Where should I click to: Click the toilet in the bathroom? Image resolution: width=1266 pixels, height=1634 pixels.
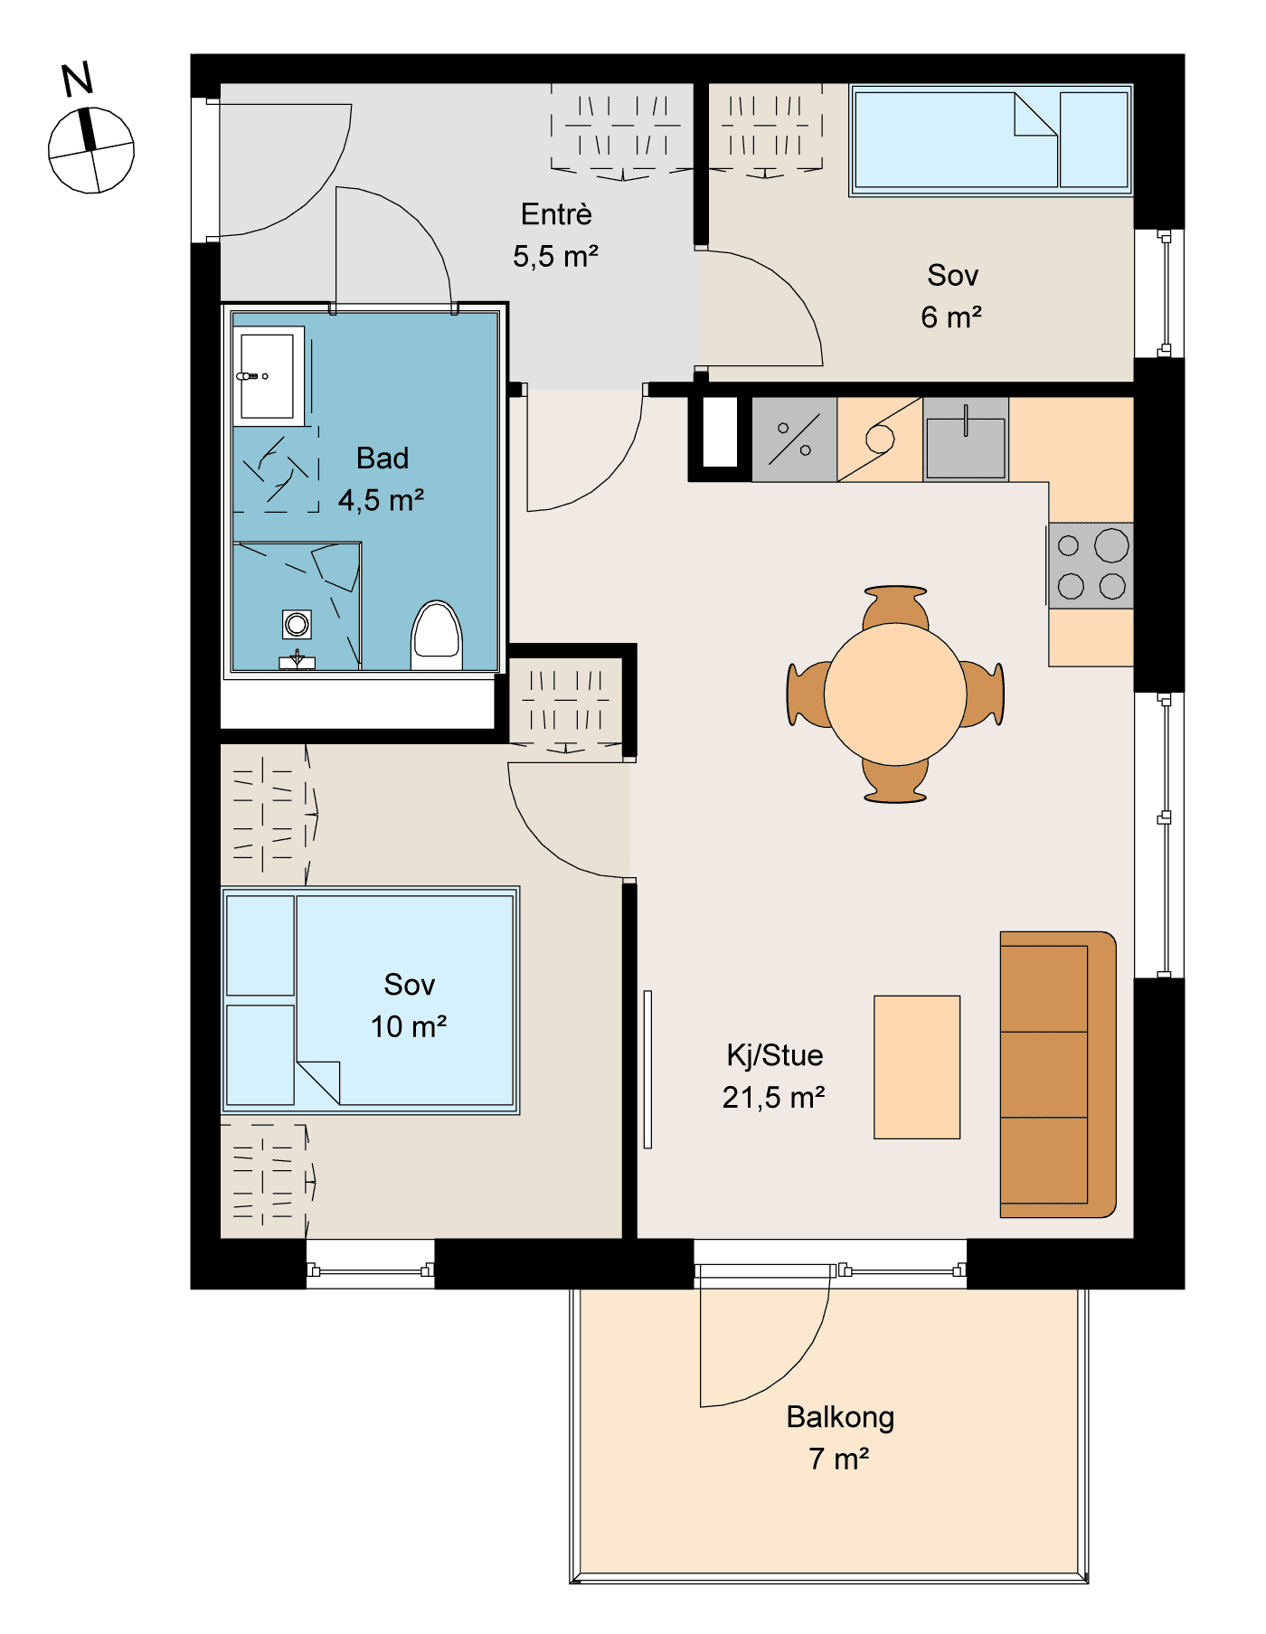437,636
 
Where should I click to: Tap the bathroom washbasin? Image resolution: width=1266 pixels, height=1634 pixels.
269,376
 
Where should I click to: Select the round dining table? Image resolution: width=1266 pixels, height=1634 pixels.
895,694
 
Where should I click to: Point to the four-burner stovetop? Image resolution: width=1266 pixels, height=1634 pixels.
1091,565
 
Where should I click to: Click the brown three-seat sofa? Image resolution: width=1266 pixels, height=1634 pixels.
1058,1074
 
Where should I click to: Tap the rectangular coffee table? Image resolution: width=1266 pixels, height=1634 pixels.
917,1067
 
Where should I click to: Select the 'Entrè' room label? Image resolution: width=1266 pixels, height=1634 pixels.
556,214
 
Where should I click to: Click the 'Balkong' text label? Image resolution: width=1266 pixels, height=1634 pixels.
840,1417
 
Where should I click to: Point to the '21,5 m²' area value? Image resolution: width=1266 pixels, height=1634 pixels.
773,1097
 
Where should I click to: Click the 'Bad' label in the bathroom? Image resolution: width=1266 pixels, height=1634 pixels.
383,458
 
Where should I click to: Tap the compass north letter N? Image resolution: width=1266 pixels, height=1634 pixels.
78,80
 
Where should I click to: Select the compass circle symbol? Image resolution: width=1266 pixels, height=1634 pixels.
91,150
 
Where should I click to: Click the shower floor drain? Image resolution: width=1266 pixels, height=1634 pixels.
297,624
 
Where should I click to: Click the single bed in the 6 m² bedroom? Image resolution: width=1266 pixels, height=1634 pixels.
991,140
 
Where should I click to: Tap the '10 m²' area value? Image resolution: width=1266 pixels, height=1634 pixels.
409,1026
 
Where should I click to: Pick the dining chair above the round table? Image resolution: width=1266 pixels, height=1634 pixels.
895,608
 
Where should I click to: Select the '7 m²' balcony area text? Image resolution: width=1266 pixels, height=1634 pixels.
839,1459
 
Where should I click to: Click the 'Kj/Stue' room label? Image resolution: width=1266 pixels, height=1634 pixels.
775,1055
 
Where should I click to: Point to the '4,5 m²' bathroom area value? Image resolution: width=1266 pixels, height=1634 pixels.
382,500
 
